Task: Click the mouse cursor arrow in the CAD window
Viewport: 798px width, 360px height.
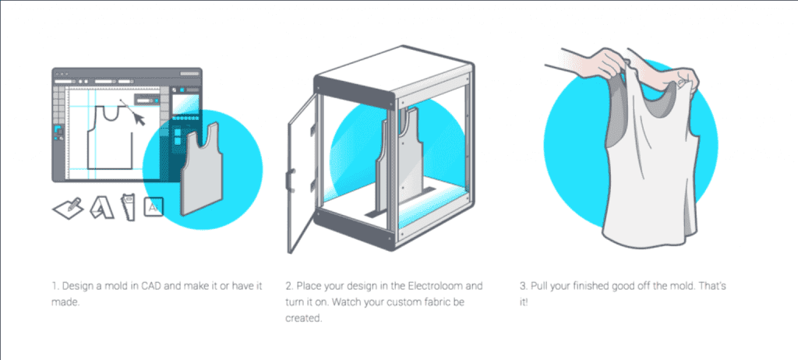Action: pyautogui.click(x=138, y=119)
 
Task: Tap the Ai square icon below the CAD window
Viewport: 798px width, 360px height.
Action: pyautogui.click(x=154, y=206)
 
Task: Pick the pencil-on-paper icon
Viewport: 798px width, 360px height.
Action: pyautogui.click(x=69, y=207)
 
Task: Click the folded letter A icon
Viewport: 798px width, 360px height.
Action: pyautogui.click(x=101, y=208)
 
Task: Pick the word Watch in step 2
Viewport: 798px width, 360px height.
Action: pyautogui.click(x=347, y=302)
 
